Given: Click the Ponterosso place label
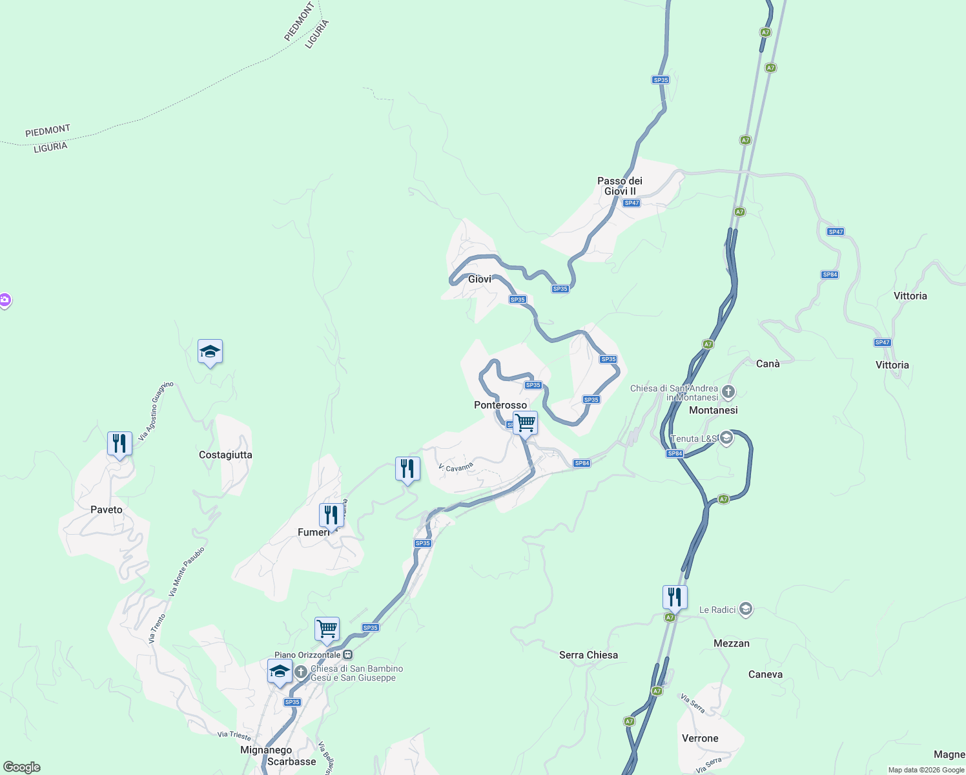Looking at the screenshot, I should [x=500, y=405].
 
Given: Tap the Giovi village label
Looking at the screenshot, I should [x=480, y=279].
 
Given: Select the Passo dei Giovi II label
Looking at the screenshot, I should [x=620, y=186].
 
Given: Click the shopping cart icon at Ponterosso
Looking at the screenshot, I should [x=526, y=424].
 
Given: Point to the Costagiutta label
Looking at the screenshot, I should [x=225, y=455].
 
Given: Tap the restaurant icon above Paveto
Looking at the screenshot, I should [x=119, y=444].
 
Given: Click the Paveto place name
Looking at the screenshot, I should [x=107, y=510].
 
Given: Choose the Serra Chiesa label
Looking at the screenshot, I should [x=588, y=655].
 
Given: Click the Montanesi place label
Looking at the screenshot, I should [x=714, y=410].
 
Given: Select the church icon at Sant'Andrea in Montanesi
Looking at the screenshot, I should [x=728, y=391].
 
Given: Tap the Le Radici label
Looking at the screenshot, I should [x=717, y=610].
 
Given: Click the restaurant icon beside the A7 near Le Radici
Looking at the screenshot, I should [x=675, y=597].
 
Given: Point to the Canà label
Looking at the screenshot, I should [x=768, y=364].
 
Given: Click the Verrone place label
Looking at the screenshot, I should [x=700, y=738].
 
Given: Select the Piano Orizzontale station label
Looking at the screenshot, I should [x=307, y=655].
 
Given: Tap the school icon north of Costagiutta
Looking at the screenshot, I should [x=210, y=352].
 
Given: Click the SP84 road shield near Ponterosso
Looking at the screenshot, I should [x=582, y=463].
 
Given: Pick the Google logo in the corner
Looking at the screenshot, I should [x=22, y=767].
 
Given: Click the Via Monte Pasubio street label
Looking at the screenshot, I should [x=187, y=572].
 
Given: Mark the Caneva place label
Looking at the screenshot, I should [x=765, y=674].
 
